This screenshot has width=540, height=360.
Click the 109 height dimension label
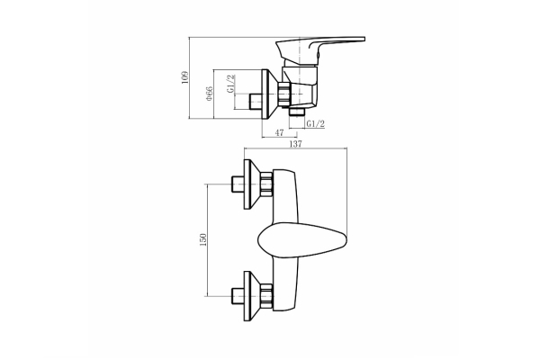185,77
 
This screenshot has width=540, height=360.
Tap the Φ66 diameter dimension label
210,94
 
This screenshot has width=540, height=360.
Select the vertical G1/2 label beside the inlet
230,83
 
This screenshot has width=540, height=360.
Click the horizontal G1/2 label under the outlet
316,123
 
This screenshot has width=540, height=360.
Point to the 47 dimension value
279,132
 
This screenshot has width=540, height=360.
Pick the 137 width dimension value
295,144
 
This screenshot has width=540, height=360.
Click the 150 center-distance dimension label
203,239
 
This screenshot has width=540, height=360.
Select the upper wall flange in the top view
252,184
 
